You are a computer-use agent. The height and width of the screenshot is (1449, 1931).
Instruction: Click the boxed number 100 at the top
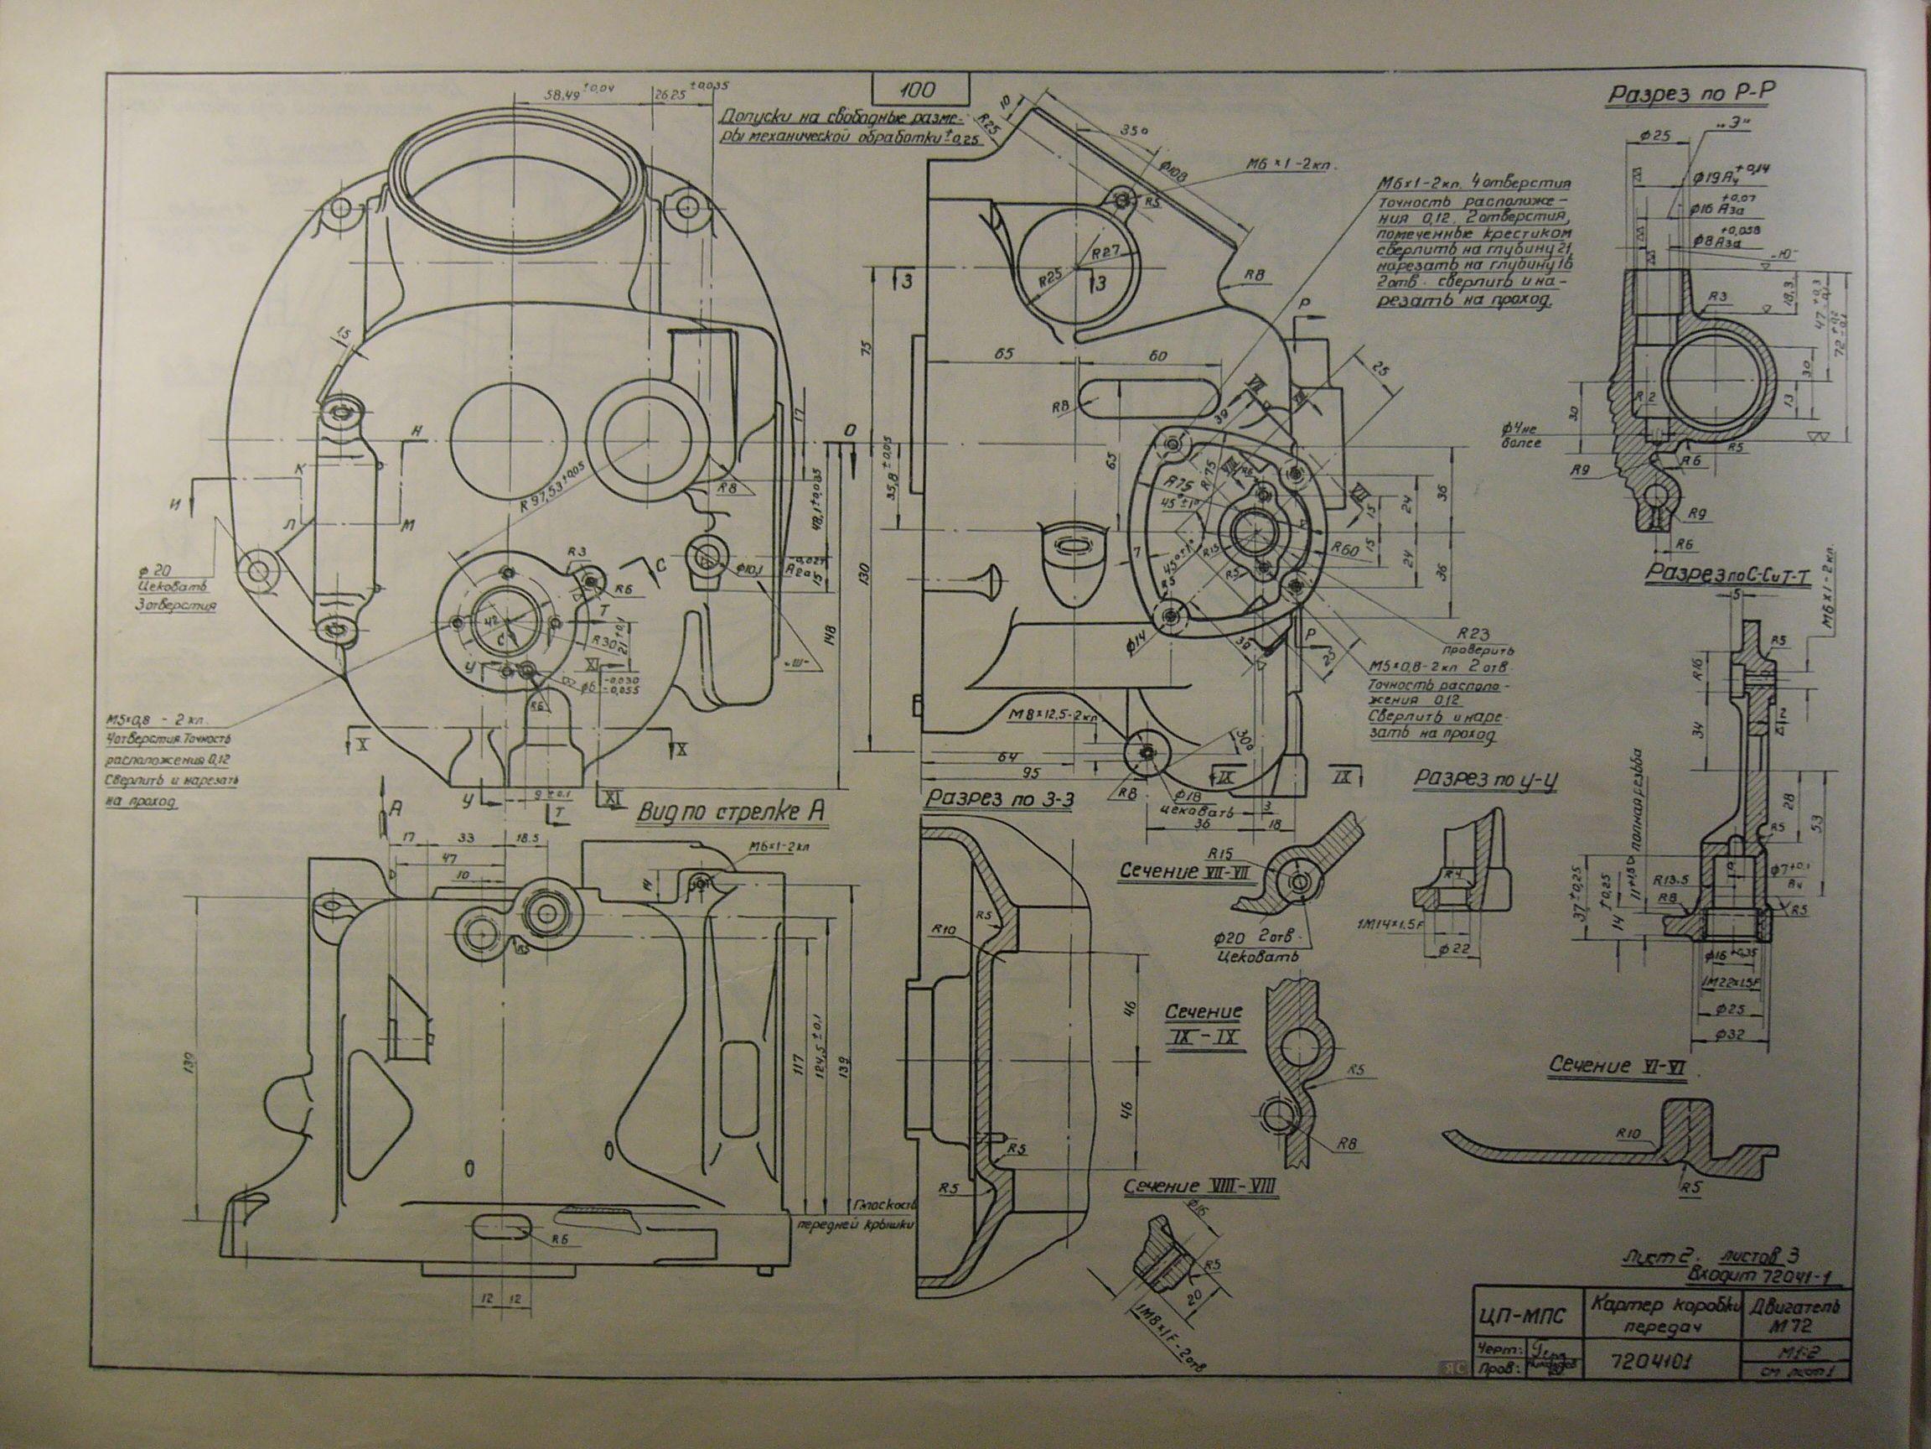point(920,90)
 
